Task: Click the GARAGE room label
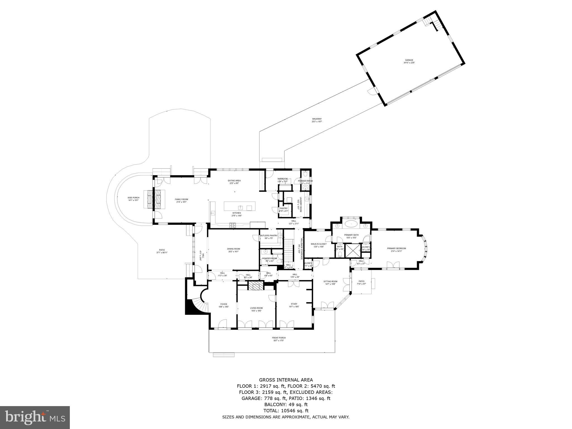pos(409,60)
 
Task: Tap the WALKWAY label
pos(317,119)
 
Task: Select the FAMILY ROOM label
pos(182,199)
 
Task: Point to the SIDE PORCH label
pos(134,198)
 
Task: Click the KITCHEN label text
pos(236,213)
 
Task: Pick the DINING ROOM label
pos(233,249)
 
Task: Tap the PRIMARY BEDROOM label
pos(396,248)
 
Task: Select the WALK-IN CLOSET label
pos(318,244)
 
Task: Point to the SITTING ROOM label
pos(330,282)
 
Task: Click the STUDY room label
pos(294,304)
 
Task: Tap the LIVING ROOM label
pos(256,308)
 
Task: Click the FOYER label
pos(223,304)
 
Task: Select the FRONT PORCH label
pos(279,338)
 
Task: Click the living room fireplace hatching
pos(256,286)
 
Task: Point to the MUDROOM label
pos(282,179)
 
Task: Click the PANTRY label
pos(283,208)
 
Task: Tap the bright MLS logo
pos(35,417)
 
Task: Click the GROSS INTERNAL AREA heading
pos(286,380)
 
